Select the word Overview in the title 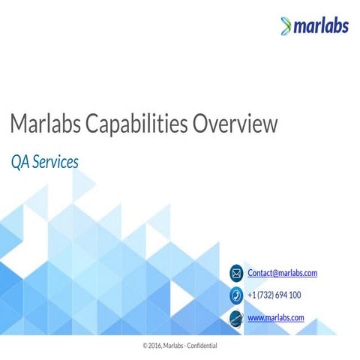pos(235,124)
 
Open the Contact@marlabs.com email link pos(282,273)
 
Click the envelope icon pos(236,273)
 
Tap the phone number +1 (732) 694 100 pos(274,295)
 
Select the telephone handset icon pos(236,295)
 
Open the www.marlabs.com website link pos(275,318)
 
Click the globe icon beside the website pos(236,318)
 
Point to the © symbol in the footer pos(145,346)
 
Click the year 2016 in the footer pos(155,346)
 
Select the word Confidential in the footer pos(200,346)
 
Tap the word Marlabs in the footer pos(173,346)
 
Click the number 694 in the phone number pos(281,295)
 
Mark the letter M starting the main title pos(18,124)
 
